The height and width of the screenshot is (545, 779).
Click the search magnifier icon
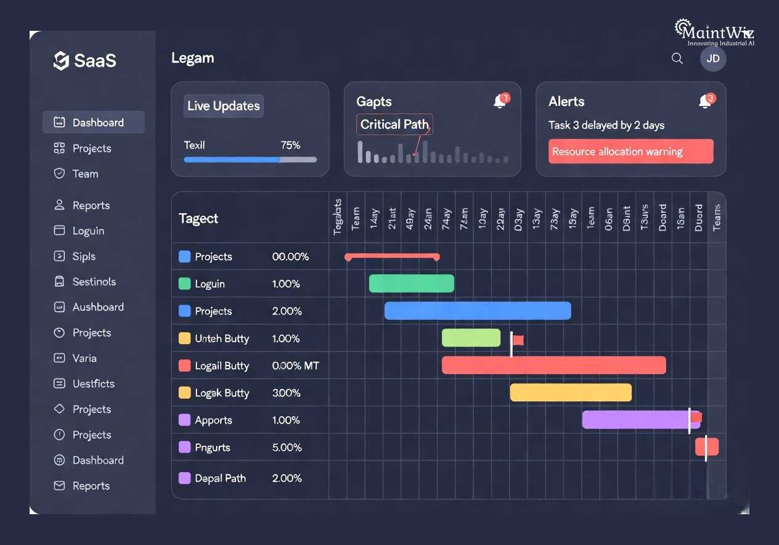pyautogui.click(x=677, y=59)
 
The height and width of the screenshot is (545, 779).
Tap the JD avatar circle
pyautogui.click(x=713, y=59)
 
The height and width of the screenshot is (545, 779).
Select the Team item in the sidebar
pyautogui.click(x=85, y=174)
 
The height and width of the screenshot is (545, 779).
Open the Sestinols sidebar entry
pyautogui.click(x=94, y=282)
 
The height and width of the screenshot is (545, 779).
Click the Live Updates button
pyautogui.click(x=224, y=106)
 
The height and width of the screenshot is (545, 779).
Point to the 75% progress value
pyautogui.click(x=290, y=145)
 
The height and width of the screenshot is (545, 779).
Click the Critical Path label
pyautogui.click(x=394, y=125)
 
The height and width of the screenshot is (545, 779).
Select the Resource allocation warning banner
pyautogui.click(x=630, y=152)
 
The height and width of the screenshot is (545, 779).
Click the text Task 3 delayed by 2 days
pyautogui.click(x=606, y=126)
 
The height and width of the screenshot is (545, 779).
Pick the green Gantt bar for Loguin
pyautogui.click(x=411, y=284)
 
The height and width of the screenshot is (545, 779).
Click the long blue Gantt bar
pyautogui.click(x=478, y=311)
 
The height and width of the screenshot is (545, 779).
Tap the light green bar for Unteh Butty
pyautogui.click(x=471, y=338)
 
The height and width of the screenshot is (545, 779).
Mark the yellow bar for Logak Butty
pyautogui.click(x=571, y=393)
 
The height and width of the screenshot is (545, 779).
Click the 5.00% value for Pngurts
pyautogui.click(x=287, y=448)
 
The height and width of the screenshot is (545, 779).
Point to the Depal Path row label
pyautogui.click(x=220, y=478)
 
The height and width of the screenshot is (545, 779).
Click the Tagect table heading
pyautogui.click(x=198, y=219)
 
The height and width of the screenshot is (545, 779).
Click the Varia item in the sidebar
pyautogui.click(x=84, y=358)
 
